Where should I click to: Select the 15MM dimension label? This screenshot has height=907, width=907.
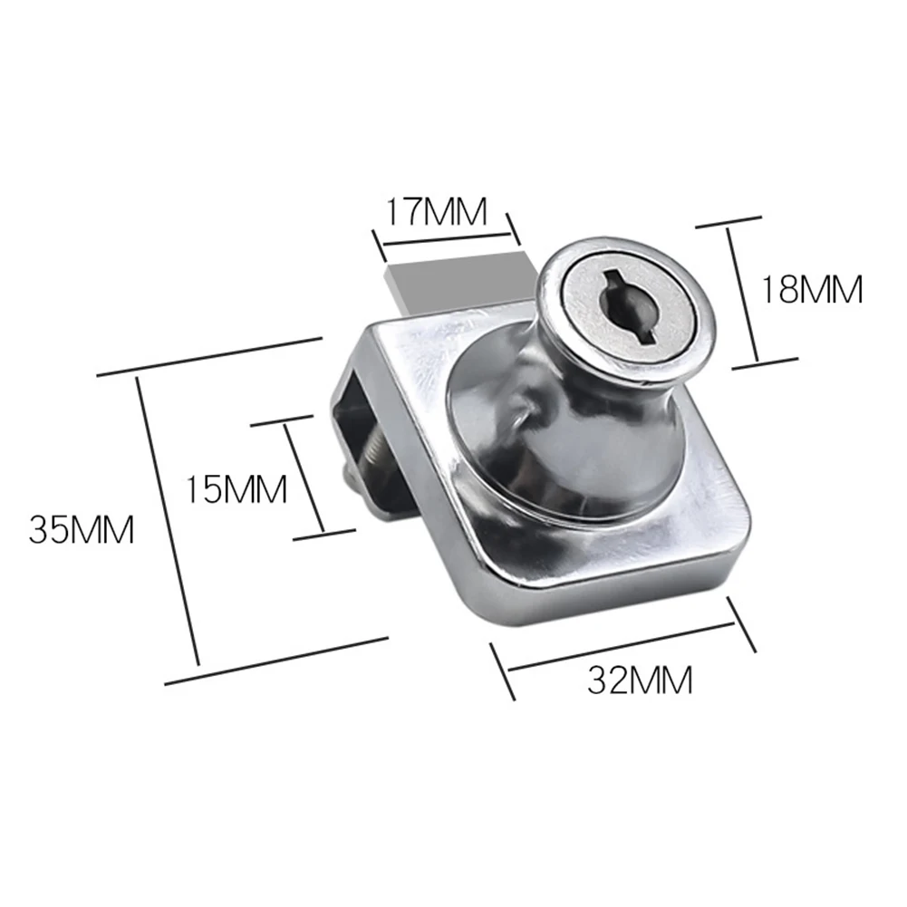point(236,489)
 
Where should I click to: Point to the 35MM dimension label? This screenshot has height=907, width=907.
point(82,529)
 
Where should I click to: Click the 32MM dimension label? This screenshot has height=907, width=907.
point(639,680)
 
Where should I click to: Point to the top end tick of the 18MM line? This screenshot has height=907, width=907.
point(728,224)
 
